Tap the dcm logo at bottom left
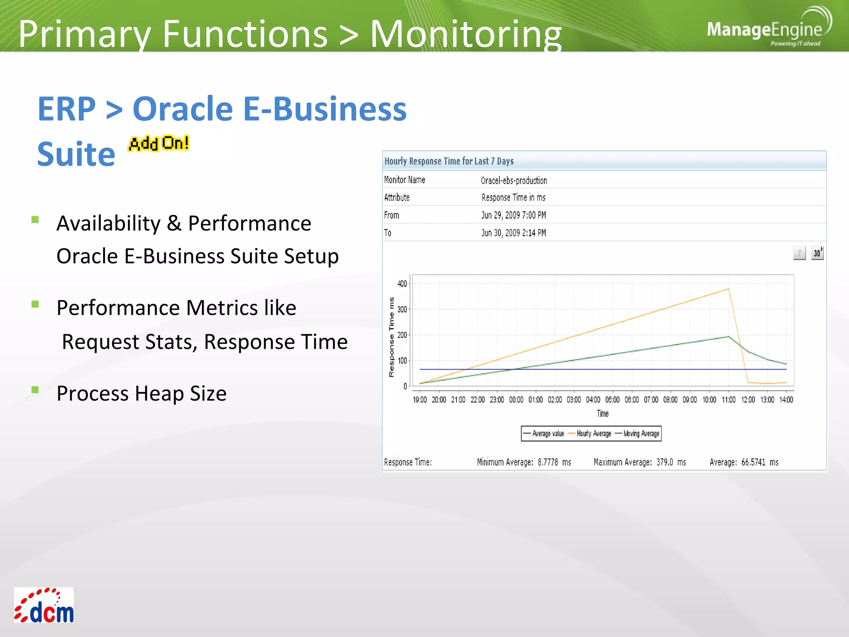click(x=44, y=605)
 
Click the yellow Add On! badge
click(x=158, y=143)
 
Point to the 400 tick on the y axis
click(x=402, y=284)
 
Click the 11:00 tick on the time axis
click(x=728, y=399)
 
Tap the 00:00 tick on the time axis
click(x=516, y=399)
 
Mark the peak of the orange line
click(x=728, y=289)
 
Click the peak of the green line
click(x=728, y=336)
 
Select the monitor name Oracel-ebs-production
click(x=514, y=180)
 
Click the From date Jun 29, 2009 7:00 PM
click(x=513, y=215)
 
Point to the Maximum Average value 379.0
click(x=664, y=462)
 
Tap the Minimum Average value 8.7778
click(x=547, y=462)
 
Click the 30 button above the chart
click(x=817, y=253)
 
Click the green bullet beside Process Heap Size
click(x=35, y=389)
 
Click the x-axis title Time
click(x=602, y=413)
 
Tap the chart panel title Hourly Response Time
click(x=449, y=161)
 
